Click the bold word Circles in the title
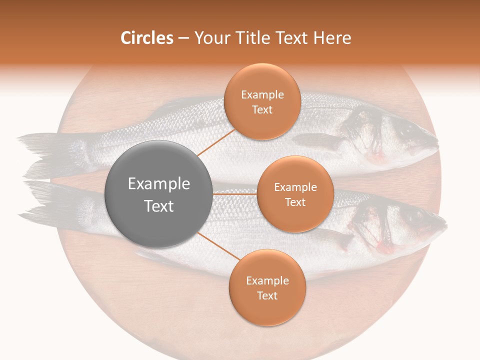(x=146, y=38)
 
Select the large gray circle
(x=158, y=194)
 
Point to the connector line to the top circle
(x=216, y=142)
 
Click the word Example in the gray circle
(x=158, y=184)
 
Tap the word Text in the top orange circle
(x=262, y=109)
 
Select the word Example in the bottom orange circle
(x=267, y=281)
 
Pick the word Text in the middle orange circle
(x=295, y=202)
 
